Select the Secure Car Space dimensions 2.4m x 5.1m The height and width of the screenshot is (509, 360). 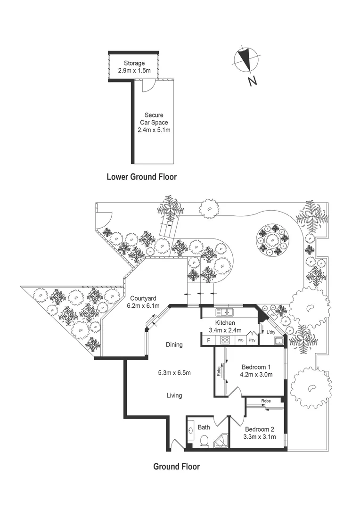[154, 130]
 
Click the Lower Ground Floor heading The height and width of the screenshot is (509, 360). [141, 177]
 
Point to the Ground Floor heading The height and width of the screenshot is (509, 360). [177, 467]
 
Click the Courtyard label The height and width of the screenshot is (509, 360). [144, 298]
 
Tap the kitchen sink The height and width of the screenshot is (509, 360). [225, 312]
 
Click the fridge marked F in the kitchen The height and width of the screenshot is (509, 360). [208, 340]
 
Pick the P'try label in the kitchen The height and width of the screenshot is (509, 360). [252, 340]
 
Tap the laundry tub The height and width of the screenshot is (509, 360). [279, 341]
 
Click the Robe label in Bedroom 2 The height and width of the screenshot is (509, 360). [266, 401]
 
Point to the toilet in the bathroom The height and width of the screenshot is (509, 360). [205, 441]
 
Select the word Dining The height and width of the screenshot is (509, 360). [174, 345]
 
